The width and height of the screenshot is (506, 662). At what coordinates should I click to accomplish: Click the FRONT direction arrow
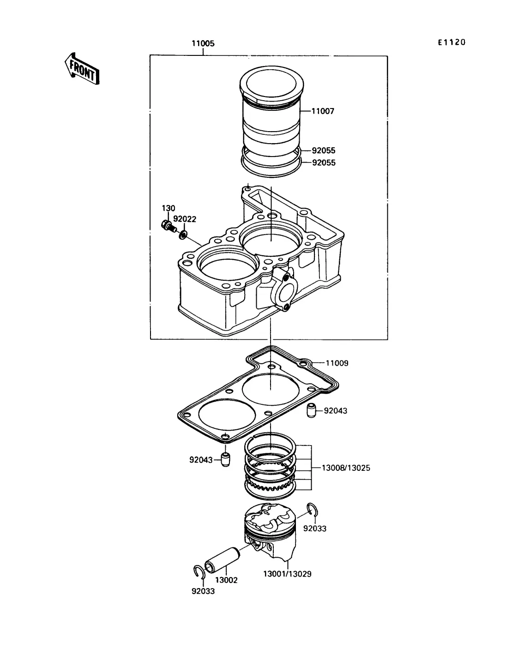[x=82, y=69]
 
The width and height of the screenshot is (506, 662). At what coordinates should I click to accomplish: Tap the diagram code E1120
[x=452, y=42]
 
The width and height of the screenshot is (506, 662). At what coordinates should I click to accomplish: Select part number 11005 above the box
[x=203, y=43]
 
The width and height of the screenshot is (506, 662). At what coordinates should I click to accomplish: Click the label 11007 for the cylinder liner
[x=323, y=111]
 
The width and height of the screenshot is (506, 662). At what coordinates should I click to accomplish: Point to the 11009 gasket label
[x=337, y=363]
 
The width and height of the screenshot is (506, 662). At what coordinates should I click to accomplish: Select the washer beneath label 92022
[x=183, y=235]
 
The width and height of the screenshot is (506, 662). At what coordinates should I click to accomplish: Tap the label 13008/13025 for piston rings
[x=346, y=468]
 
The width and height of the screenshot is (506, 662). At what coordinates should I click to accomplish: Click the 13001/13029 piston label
[x=287, y=574]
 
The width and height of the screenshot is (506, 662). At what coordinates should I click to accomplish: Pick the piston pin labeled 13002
[x=222, y=560]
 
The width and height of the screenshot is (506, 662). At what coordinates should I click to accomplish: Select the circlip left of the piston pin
[x=199, y=572]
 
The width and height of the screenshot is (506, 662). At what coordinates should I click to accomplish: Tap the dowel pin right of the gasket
[x=311, y=410]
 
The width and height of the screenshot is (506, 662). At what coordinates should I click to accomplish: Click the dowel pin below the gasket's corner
[x=225, y=460]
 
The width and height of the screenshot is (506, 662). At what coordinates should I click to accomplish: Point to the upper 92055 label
[x=323, y=150]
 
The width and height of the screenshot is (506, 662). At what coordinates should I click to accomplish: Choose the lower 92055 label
[x=324, y=163]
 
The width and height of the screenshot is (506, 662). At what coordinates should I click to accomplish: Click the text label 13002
[x=226, y=580]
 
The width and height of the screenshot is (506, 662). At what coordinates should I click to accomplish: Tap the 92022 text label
[x=185, y=219]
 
